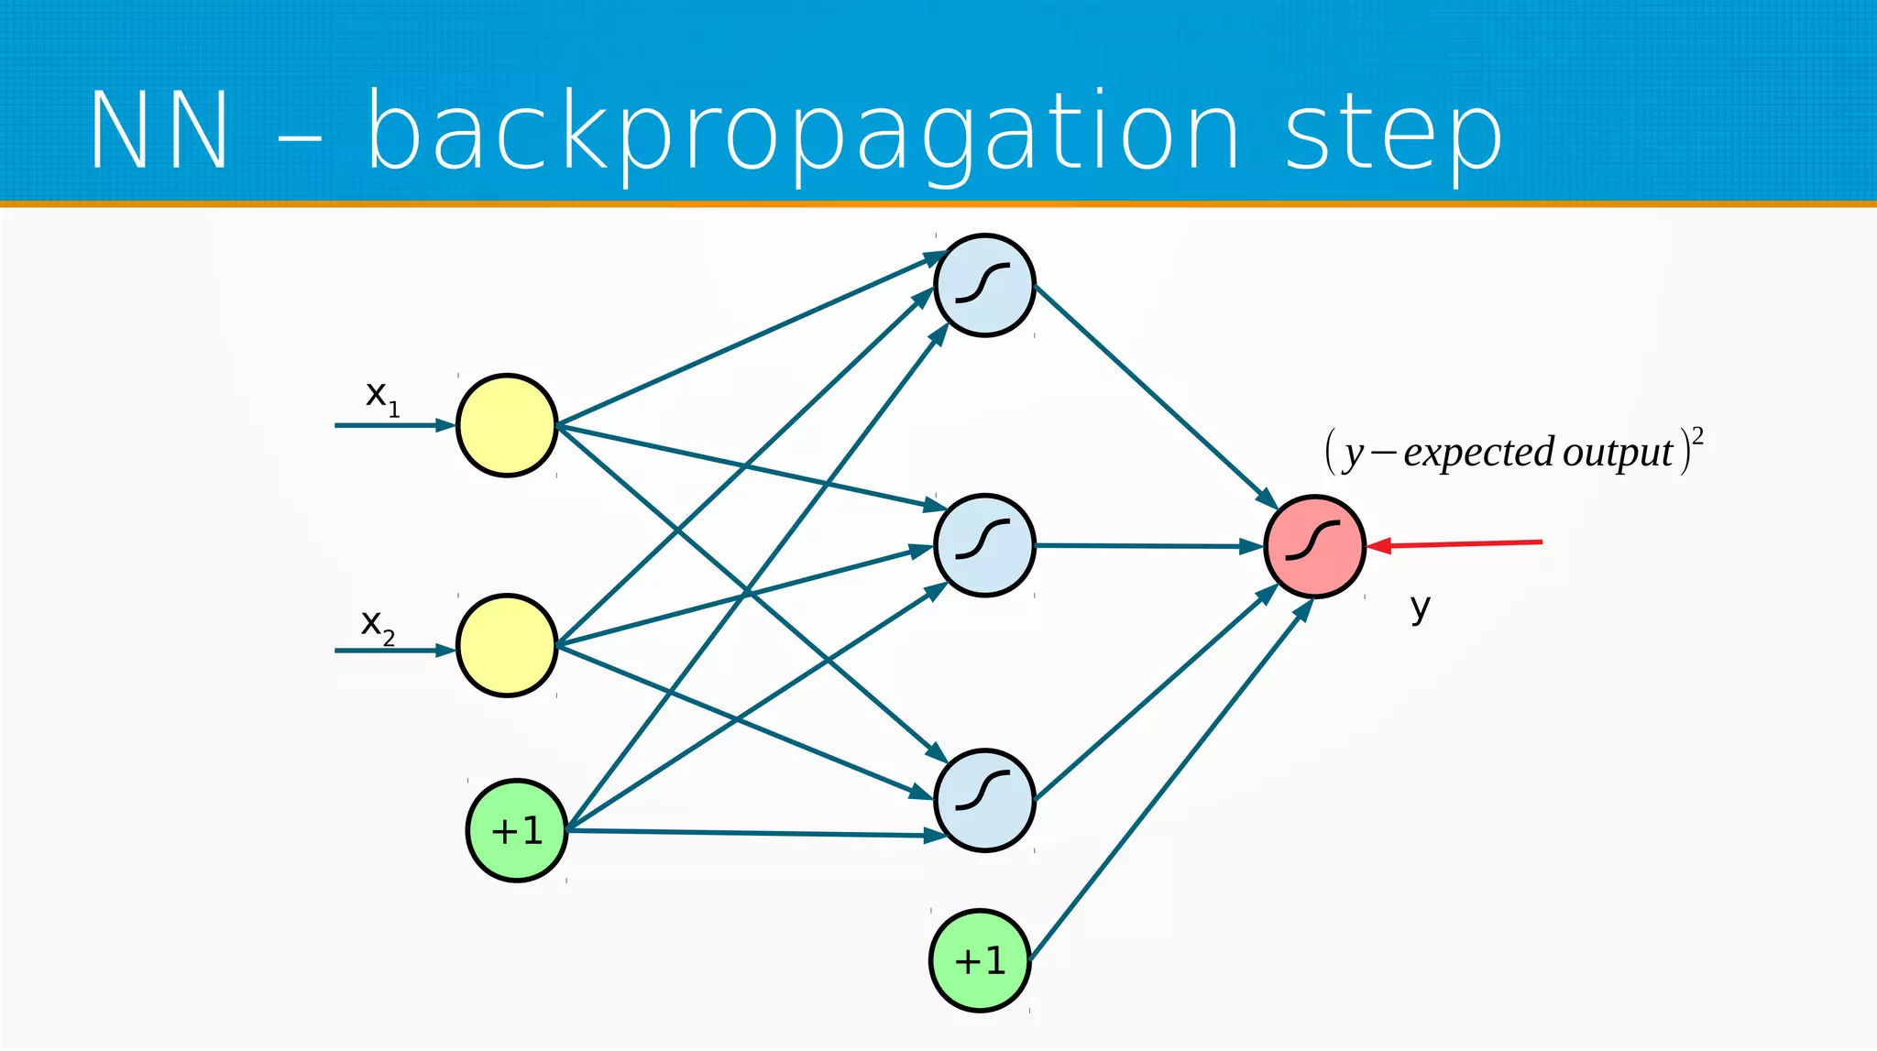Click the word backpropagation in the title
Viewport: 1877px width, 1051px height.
(803, 134)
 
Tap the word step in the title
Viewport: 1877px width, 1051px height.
(1393, 134)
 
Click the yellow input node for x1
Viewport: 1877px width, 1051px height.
(507, 425)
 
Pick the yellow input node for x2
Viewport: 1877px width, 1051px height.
(507, 646)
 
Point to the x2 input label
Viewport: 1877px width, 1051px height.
(377, 626)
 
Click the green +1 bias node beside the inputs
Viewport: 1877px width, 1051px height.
(517, 830)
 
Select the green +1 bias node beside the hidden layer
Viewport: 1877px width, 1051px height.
(980, 960)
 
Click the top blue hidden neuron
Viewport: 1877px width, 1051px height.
(984, 285)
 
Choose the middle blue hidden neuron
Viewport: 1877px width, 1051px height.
(984, 545)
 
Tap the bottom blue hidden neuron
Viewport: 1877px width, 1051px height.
(984, 800)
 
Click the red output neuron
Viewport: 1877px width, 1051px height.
(1314, 546)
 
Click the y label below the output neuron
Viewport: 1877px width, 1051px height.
(1420, 608)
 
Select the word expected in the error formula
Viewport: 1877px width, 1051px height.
(1478, 453)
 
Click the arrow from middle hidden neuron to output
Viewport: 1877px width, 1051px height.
(1150, 546)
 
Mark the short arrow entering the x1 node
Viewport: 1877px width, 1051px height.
(394, 425)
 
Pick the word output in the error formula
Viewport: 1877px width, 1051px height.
(1618, 453)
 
